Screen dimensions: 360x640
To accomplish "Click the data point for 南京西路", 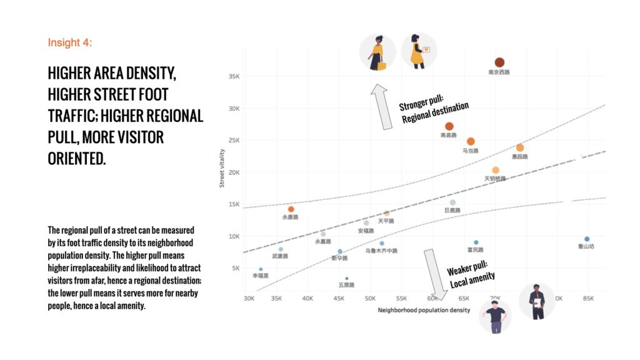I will click(x=499, y=62).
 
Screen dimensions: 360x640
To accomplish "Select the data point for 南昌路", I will click(x=449, y=126).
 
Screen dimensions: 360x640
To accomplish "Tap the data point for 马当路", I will click(x=471, y=141).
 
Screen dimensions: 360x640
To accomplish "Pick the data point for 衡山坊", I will click(x=587, y=239).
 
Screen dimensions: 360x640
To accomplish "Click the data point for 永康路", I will click(x=291, y=209).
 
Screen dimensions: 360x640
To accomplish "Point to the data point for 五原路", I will click(x=346, y=278).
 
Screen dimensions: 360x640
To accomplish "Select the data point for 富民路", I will click(x=476, y=242).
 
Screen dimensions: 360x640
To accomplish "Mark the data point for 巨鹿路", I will click(x=452, y=202).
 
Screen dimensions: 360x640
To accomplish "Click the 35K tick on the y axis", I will click(x=234, y=76).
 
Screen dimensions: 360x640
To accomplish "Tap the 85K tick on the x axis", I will click(x=587, y=298).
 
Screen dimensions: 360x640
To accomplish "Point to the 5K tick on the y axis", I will click(x=236, y=268).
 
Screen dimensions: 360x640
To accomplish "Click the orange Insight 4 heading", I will click(x=70, y=42).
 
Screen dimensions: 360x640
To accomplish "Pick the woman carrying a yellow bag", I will click(x=377, y=52).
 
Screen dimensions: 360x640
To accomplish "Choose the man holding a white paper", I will click(x=536, y=302).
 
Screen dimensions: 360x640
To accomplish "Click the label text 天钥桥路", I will click(x=495, y=179).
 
